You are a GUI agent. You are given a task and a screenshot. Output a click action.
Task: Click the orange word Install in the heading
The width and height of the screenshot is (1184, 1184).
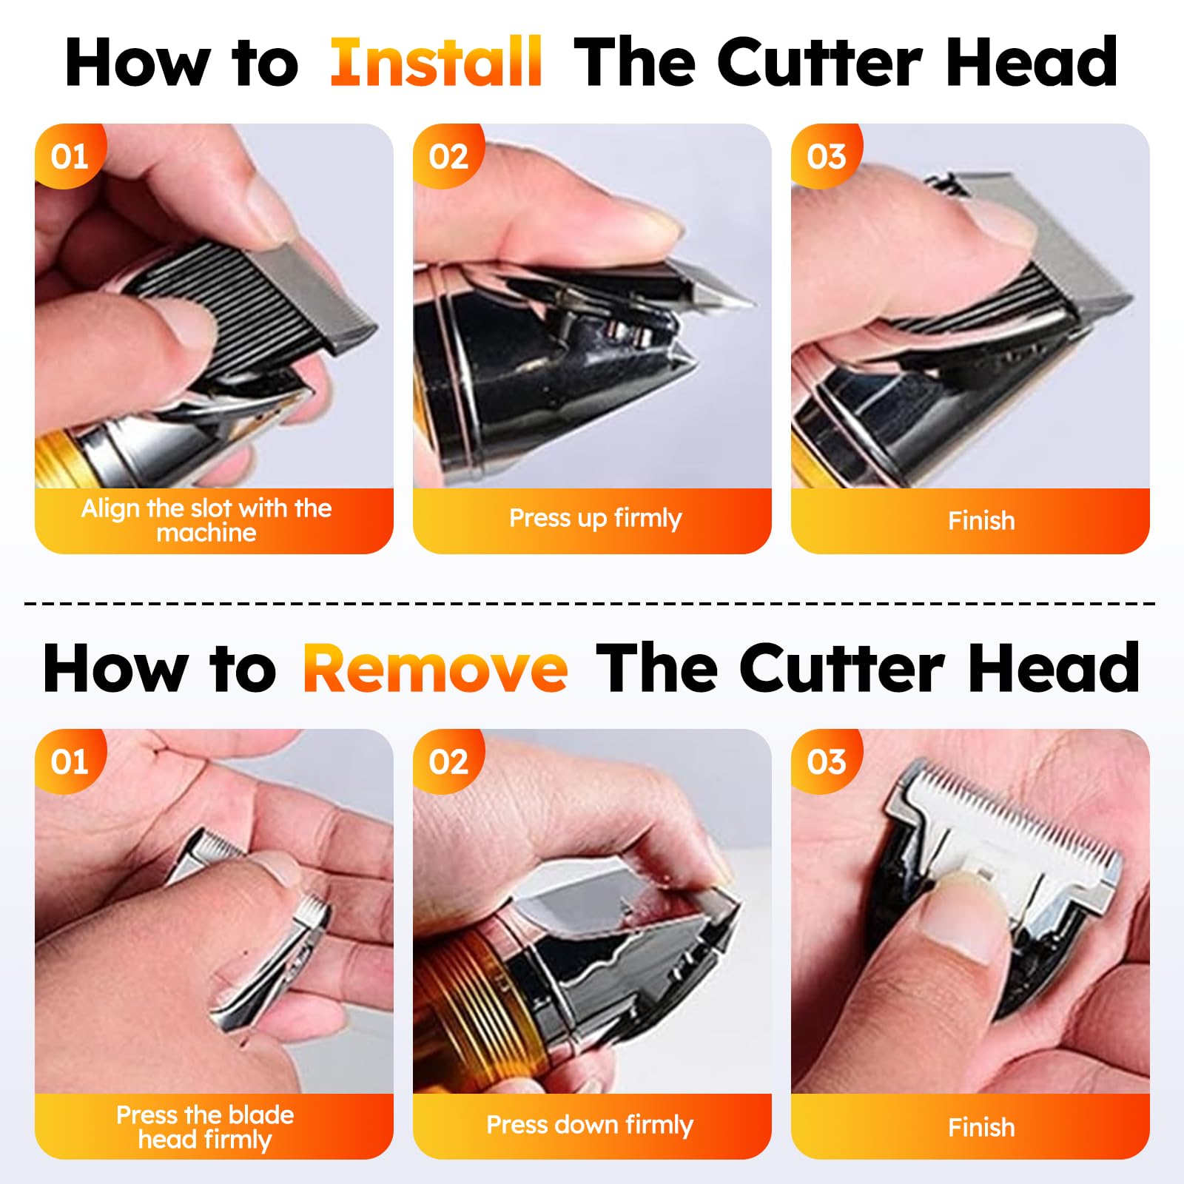click(x=436, y=62)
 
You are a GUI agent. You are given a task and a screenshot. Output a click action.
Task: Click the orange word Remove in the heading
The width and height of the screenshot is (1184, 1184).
click(x=435, y=667)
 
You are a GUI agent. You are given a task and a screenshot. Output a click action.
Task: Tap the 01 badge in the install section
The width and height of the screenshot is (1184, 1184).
click(x=70, y=156)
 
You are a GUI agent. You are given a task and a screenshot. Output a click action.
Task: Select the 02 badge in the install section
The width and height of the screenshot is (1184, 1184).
click(x=448, y=156)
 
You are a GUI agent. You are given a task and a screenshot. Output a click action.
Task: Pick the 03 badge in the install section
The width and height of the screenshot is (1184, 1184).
click(x=826, y=156)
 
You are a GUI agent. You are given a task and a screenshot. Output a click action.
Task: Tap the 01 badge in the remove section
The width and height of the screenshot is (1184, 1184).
click(x=70, y=761)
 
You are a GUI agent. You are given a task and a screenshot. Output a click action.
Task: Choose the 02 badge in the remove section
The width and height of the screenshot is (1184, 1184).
click(x=448, y=761)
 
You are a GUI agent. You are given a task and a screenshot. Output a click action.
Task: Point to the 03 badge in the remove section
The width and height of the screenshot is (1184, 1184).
click(x=826, y=761)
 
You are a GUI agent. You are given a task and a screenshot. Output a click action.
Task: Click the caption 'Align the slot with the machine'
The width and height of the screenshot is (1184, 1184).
click(x=206, y=520)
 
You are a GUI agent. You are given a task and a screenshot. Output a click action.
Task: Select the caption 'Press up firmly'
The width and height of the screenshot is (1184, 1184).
click(x=595, y=518)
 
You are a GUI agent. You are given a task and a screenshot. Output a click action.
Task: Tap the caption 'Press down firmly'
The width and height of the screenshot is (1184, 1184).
click(x=590, y=1125)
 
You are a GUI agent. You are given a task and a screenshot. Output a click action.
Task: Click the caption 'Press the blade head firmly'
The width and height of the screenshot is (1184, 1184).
click(x=205, y=1127)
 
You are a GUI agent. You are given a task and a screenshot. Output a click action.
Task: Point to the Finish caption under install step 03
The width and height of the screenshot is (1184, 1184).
click(x=981, y=520)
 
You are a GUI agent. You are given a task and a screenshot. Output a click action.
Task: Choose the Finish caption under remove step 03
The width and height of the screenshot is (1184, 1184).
click(x=981, y=1127)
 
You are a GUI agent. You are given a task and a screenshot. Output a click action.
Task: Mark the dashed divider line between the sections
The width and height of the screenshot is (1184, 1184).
click(x=590, y=604)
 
